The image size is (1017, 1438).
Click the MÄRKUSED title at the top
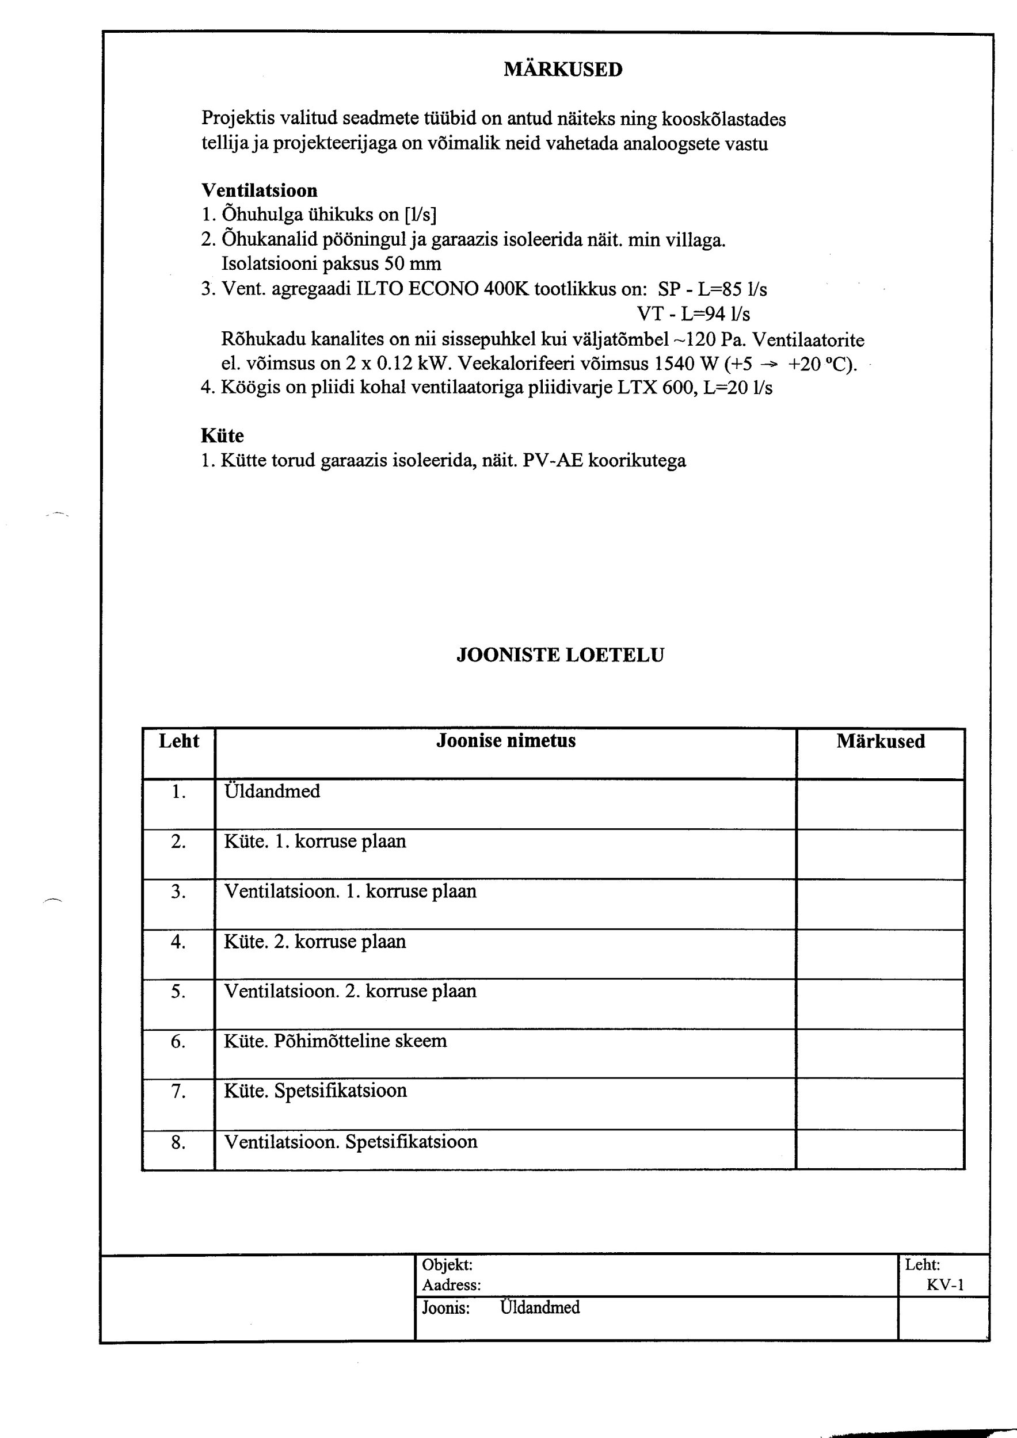pyautogui.click(x=563, y=70)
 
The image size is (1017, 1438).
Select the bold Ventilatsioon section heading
pyautogui.click(x=260, y=190)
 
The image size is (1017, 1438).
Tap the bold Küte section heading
pyautogui.click(x=222, y=435)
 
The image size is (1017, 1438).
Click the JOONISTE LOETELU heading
pyautogui.click(x=559, y=655)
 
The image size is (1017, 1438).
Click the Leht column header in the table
pyautogui.click(x=178, y=741)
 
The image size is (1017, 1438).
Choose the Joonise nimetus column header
pyautogui.click(x=506, y=741)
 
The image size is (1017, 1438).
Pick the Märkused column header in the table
pyautogui.click(x=881, y=741)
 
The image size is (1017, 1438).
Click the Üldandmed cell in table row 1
pyautogui.click(x=272, y=791)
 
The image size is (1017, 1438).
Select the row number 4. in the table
pyautogui.click(x=178, y=942)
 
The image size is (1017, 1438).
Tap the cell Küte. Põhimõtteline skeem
pyautogui.click(x=335, y=1041)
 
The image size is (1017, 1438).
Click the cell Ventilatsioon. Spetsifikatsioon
pyautogui.click(x=351, y=1141)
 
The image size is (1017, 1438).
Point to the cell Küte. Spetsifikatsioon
pyautogui.click(x=315, y=1091)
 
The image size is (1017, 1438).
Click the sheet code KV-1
pyautogui.click(x=945, y=1285)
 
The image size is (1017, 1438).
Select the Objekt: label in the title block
pyautogui.click(x=447, y=1265)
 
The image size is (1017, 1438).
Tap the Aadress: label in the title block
pyautogui.click(x=451, y=1285)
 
